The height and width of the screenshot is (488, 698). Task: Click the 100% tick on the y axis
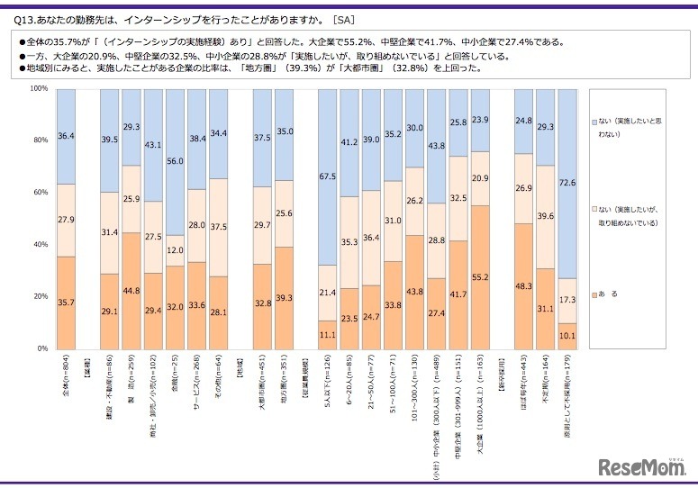[x=38, y=88]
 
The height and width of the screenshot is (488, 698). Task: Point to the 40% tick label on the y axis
[x=40, y=244]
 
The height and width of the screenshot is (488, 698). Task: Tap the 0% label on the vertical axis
[x=41, y=348]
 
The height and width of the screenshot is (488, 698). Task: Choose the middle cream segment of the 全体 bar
[x=65, y=220]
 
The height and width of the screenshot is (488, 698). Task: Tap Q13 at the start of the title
[x=17, y=18]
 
